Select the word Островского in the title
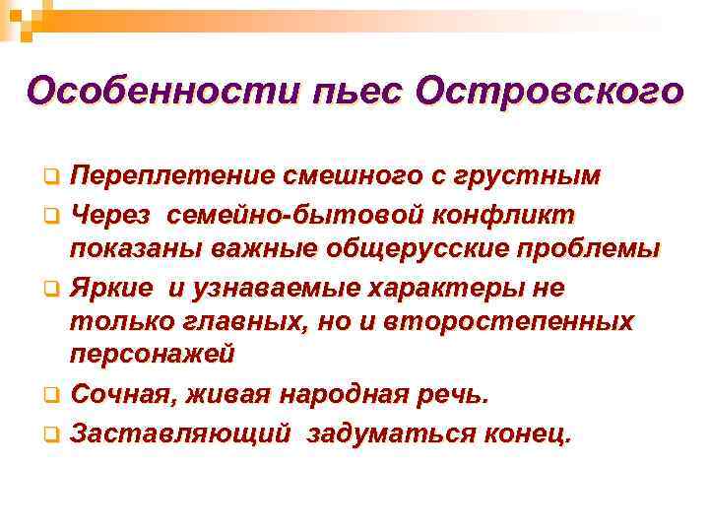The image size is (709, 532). point(549,92)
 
